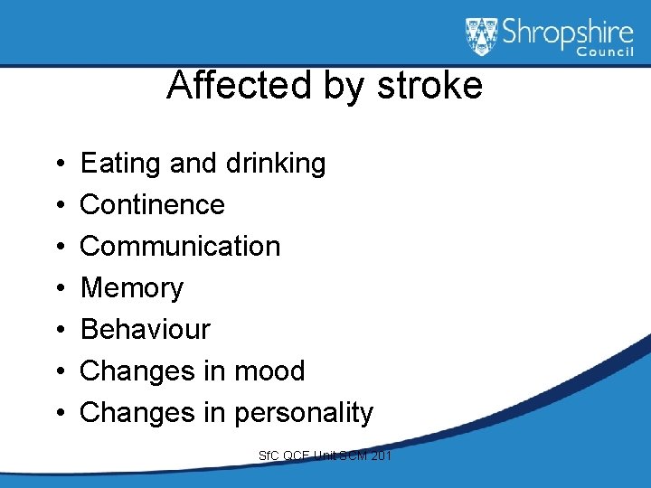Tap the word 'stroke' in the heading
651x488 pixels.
pos(430,86)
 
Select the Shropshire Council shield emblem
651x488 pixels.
pos(482,37)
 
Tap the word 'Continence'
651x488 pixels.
pos(152,205)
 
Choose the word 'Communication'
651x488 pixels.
pos(180,247)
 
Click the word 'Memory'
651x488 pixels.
pos(132,288)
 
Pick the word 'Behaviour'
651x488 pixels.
pos(145,330)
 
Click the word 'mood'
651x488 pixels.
pos(269,371)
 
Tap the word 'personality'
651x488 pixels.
pos(304,413)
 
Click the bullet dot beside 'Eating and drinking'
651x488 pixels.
pos(58,164)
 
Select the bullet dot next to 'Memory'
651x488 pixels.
pos(58,289)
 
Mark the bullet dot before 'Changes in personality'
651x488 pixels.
pos(58,414)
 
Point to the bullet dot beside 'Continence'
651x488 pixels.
pos(58,206)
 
